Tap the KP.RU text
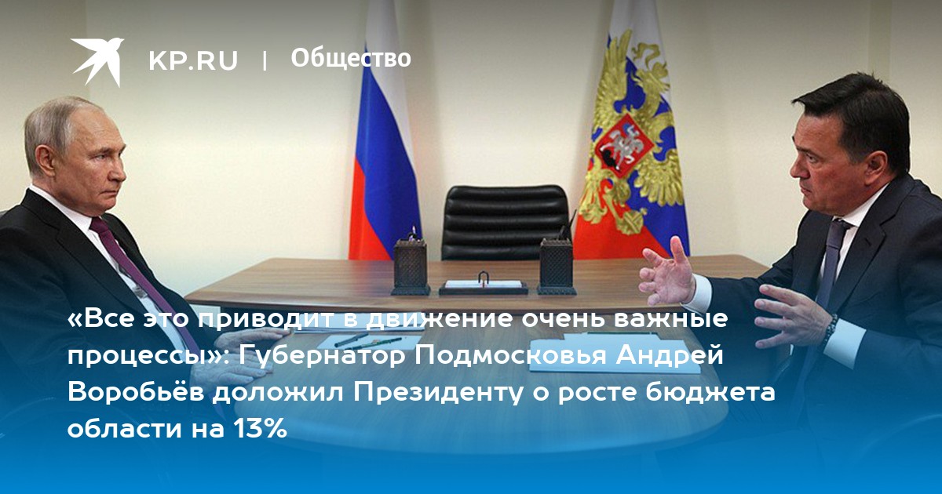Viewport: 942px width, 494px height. pos(193,60)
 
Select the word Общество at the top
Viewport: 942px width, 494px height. pos(351,58)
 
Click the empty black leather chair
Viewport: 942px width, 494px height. pos(505,222)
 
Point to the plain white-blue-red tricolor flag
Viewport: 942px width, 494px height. pos(384,139)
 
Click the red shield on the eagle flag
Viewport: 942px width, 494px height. pos(624,145)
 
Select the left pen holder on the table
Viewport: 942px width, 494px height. pos(411,266)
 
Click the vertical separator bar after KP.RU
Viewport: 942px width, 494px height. pos(264,60)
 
